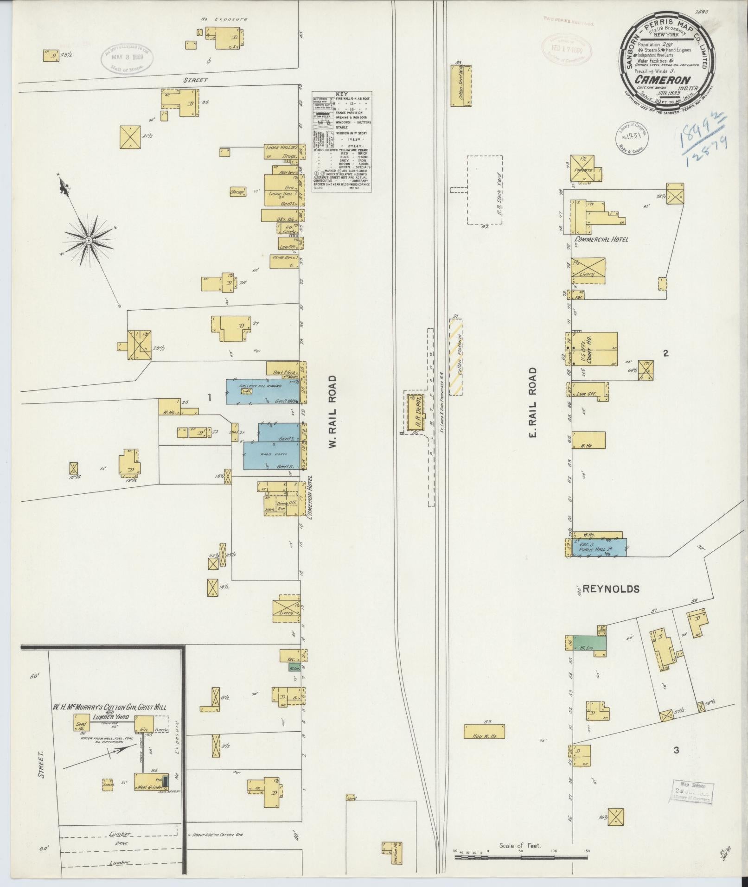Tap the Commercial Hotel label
tap(601, 240)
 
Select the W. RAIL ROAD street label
tap(332, 412)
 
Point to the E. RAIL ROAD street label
tap(532, 403)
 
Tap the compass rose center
tap(88, 240)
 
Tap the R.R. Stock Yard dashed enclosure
tap(485, 190)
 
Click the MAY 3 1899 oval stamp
tap(128, 58)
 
